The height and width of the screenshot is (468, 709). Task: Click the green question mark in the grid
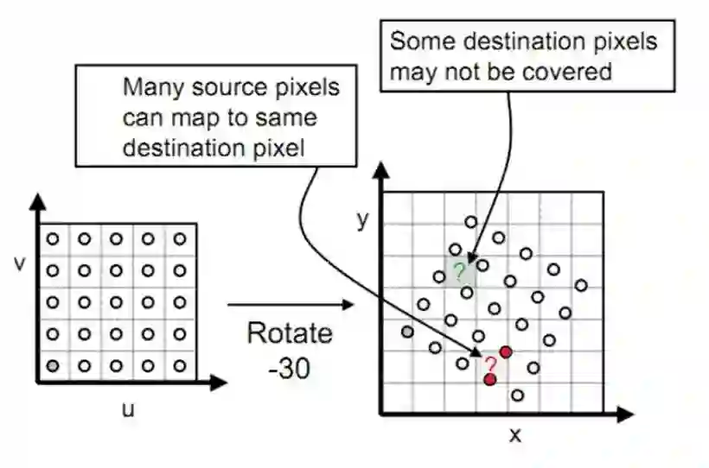coord(460,271)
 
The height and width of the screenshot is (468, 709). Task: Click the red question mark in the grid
coord(490,364)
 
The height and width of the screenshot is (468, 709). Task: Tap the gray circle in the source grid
coord(53,365)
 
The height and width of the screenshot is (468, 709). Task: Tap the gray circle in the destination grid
coord(407,332)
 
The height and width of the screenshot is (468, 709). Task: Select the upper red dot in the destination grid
coord(506,351)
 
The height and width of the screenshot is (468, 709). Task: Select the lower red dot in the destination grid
coord(490,379)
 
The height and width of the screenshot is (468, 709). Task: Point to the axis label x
coord(515,434)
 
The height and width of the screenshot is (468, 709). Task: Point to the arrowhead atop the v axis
coord(37,201)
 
